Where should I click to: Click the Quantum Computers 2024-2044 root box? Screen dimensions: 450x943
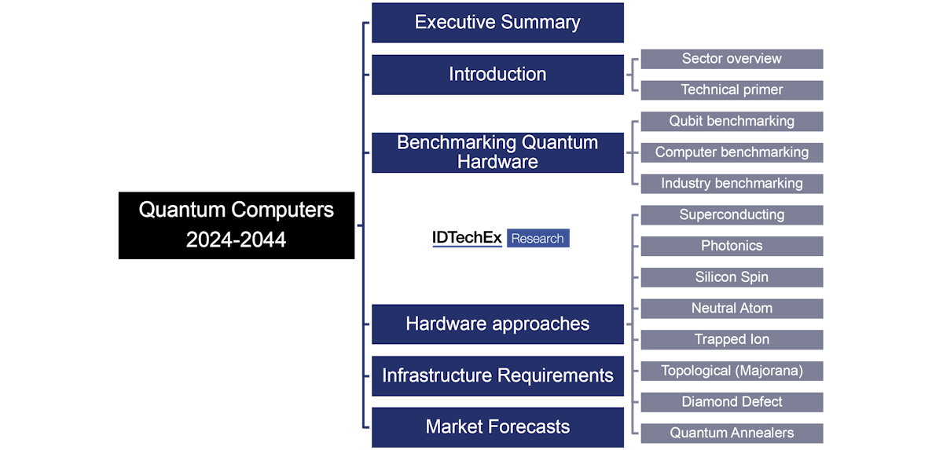(236, 225)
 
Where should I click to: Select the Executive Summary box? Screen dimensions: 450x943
(497, 23)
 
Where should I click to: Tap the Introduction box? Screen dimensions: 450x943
(497, 75)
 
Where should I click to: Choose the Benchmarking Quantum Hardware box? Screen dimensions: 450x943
(497, 152)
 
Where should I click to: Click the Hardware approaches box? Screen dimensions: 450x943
(497, 324)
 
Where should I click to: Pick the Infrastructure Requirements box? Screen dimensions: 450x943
(497, 375)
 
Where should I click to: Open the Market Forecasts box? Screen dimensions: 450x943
(497, 427)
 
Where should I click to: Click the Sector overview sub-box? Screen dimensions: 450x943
(732, 59)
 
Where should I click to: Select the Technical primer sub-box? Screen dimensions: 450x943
(732, 90)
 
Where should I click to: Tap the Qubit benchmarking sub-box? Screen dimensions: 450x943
(732, 121)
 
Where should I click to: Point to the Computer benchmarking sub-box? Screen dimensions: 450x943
(732, 152)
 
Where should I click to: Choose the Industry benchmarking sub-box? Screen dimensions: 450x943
(732, 184)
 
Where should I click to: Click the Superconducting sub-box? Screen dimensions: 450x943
(732, 214)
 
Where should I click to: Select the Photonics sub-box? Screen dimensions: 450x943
(732, 246)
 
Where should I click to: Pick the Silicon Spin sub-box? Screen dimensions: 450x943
(732, 277)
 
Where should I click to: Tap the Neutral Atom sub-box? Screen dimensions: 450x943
(732, 308)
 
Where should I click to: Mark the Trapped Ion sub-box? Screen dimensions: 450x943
(732, 339)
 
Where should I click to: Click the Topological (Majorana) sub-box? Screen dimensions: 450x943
(732, 371)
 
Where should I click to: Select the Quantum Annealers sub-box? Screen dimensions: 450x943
(732, 433)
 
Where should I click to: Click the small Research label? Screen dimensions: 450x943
(538, 239)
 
